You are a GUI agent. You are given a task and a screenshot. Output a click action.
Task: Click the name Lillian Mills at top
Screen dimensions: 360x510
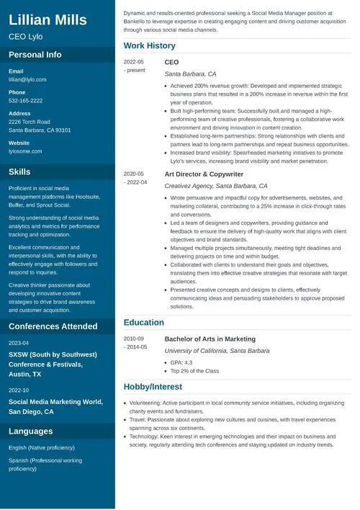click(x=48, y=19)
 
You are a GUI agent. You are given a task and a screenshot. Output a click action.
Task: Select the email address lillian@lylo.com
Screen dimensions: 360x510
click(x=27, y=79)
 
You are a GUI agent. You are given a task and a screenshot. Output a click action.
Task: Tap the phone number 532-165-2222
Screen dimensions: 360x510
click(x=26, y=101)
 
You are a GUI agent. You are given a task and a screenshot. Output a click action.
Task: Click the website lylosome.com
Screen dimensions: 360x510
click(x=25, y=151)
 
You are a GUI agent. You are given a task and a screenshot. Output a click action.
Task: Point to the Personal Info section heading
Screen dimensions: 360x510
click(x=35, y=55)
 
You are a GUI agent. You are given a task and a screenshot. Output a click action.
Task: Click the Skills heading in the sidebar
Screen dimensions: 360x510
click(x=19, y=172)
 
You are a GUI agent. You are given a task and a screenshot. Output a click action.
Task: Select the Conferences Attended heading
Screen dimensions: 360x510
click(x=53, y=326)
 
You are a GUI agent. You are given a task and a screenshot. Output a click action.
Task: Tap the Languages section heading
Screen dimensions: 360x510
click(x=30, y=431)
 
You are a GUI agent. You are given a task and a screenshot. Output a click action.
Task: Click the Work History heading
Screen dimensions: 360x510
click(x=149, y=46)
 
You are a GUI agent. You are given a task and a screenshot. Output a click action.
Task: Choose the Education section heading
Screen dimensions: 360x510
click(x=144, y=323)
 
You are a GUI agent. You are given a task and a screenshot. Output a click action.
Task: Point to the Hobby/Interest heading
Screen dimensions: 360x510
click(x=153, y=386)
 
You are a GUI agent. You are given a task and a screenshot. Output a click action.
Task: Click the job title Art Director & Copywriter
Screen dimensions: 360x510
click(x=204, y=174)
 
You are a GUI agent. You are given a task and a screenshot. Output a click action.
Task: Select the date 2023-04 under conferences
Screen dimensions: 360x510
click(x=19, y=343)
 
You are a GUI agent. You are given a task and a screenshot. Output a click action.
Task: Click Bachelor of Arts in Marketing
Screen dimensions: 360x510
click(x=210, y=339)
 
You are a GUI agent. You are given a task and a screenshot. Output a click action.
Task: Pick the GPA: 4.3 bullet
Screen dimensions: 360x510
click(x=181, y=362)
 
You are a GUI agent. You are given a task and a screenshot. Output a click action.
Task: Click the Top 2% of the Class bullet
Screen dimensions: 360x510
click(x=194, y=371)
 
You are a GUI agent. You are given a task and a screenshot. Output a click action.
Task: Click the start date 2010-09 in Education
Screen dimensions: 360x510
click(x=134, y=339)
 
